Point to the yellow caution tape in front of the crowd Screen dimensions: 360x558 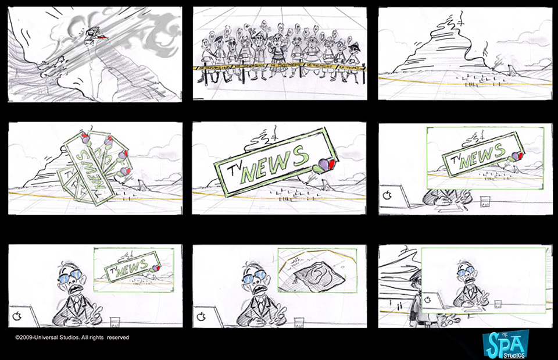[x=279, y=67]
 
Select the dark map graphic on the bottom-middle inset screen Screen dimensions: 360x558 [x=314, y=273]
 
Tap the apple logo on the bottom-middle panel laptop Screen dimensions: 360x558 [x=201, y=317]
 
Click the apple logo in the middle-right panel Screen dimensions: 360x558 [x=387, y=194]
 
